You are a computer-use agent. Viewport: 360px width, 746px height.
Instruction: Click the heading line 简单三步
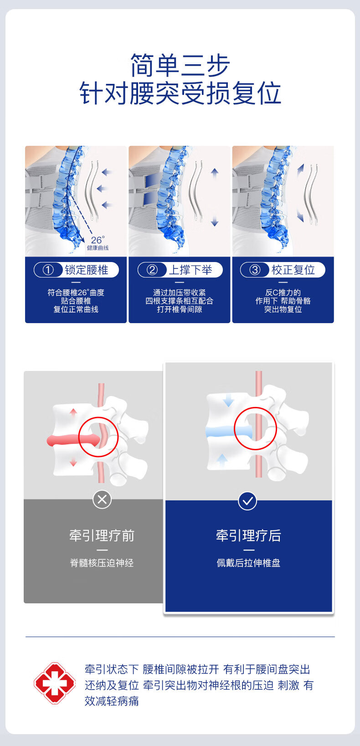click(x=180, y=65)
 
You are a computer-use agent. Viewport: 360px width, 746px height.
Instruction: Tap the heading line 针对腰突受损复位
click(x=180, y=93)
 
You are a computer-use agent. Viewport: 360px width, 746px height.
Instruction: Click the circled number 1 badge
click(x=48, y=270)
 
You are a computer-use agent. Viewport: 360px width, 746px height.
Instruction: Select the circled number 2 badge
click(x=152, y=270)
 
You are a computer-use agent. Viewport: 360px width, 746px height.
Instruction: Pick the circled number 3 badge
click(x=255, y=270)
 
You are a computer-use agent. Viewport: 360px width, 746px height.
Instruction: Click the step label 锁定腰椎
click(x=87, y=270)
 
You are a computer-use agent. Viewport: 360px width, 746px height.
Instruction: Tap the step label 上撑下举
click(x=190, y=270)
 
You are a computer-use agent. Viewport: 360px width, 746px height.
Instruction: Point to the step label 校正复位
click(x=293, y=270)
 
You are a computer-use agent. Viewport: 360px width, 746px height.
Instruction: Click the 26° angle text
click(x=98, y=240)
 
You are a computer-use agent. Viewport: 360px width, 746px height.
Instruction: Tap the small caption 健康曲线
click(x=98, y=248)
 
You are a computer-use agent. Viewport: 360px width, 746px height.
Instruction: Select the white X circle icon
click(x=102, y=499)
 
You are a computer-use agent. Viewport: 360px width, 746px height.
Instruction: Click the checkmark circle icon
click(x=247, y=500)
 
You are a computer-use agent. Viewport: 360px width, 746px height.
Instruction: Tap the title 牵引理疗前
click(x=102, y=535)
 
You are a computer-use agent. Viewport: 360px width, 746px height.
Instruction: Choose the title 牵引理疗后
click(x=248, y=535)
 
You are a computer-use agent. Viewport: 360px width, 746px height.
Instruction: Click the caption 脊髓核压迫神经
click(x=102, y=563)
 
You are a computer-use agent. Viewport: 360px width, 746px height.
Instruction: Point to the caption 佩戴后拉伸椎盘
click(x=248, y=563)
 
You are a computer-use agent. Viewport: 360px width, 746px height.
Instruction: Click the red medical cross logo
click(x=55, y=683)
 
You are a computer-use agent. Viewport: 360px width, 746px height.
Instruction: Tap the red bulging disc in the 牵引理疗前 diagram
click(x=73, y=440)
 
